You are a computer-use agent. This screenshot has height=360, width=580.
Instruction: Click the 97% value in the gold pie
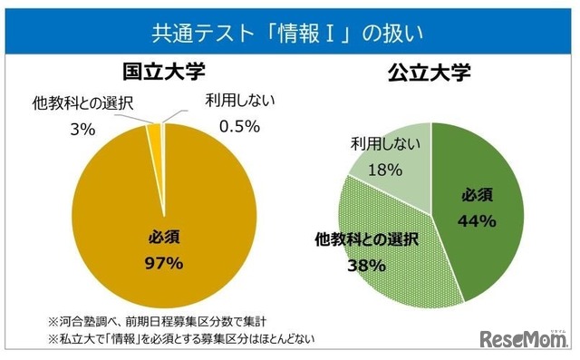click(164, 264)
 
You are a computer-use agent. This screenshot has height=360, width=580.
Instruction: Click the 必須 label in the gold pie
click(164, 238)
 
